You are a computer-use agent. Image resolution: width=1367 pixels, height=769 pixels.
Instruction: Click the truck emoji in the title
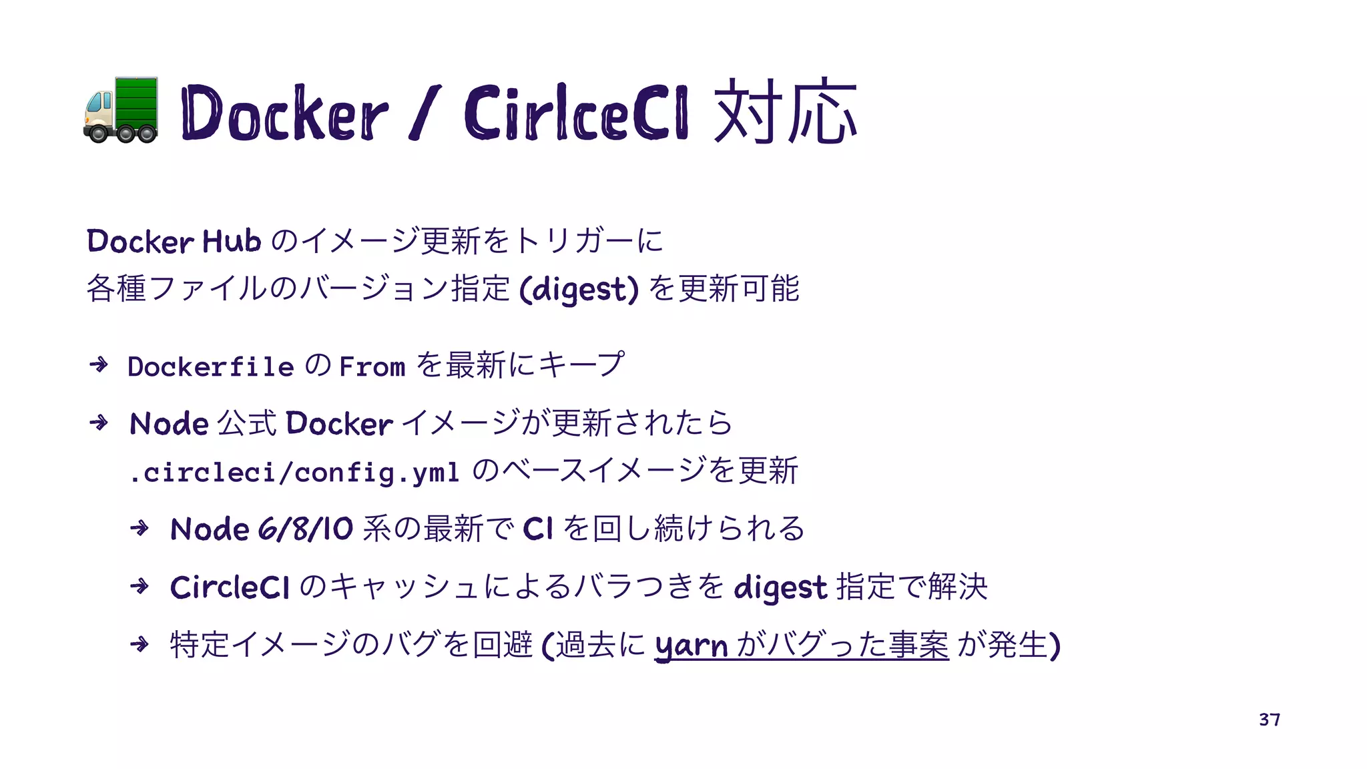coord(121,111)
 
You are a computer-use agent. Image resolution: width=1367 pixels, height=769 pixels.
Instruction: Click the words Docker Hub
coord(174,241)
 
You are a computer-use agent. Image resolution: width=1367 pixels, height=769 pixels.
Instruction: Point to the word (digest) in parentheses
coord(579,290)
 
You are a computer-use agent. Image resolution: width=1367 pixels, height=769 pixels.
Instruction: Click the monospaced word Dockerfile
coord(211,366)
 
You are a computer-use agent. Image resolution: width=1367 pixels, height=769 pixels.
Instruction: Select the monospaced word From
coord(372,366)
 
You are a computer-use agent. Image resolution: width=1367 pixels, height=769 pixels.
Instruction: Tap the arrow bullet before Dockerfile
coord(99,364)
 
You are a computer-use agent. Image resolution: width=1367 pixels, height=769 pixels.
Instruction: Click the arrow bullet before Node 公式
coord(99,423)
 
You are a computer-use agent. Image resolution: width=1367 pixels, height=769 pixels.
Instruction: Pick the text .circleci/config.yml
coord(294,473)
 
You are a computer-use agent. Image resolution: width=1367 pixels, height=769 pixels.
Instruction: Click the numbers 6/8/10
coord(306,529)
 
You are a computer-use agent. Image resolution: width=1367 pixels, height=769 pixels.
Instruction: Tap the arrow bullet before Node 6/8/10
coord(140,529)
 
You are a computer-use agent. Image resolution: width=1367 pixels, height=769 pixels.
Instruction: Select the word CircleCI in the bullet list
coord(230,587)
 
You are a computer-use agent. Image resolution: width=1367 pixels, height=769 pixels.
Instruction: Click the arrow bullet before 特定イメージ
coord(140,644)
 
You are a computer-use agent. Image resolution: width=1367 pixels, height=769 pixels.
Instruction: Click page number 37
coord(1269,720)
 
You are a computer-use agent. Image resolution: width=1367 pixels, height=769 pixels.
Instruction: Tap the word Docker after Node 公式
coord(339,424)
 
